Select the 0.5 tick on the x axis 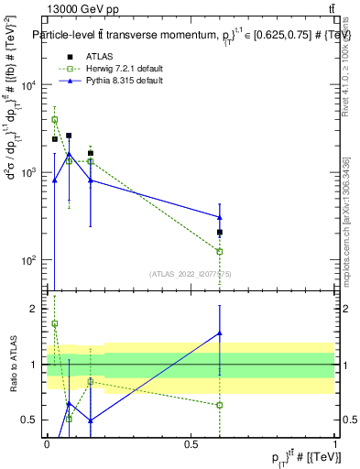pyautogui.click(x=191, y=442)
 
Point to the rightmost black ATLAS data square pyautogui.click(x=220, y=233)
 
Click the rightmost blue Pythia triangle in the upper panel pyautogui.click(x=220, y=217)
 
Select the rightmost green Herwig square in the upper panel pyautogui.click(x=220, y=251)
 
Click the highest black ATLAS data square pyautogui.click(x=69, y=136)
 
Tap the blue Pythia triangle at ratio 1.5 pyautogui.click(x=220, y=333)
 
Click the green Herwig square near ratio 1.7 pyautogui.click(x=55, y=323)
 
